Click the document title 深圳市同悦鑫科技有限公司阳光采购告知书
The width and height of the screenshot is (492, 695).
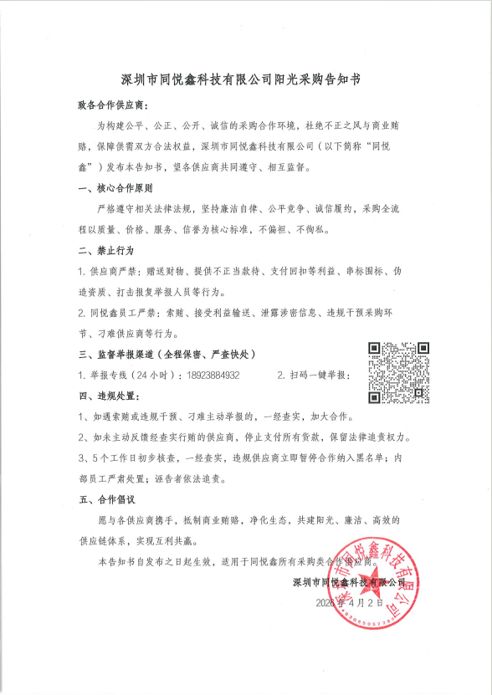[246, 81]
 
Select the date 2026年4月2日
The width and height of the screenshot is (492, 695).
[350, 601]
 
